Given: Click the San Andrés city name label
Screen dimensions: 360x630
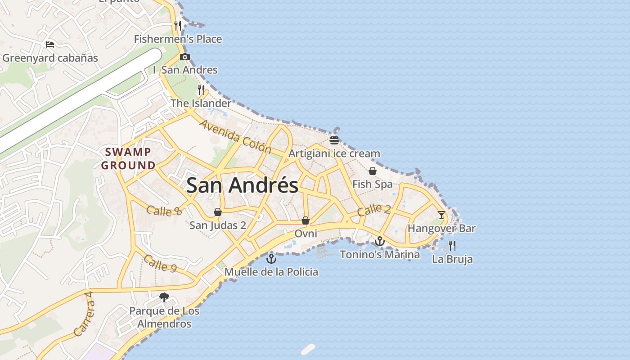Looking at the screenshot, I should coord(242,185).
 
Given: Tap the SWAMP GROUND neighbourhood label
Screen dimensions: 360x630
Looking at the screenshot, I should coord(128,158).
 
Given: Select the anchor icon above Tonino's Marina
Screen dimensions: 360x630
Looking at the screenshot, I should coord(380,242).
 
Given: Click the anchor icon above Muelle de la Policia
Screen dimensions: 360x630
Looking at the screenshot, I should coord(271,259).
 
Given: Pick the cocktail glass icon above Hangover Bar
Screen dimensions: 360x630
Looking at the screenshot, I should coord(441,215).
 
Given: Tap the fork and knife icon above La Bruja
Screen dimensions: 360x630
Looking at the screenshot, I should coord(452,246).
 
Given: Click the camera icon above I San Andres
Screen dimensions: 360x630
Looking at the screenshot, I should coord(184,57).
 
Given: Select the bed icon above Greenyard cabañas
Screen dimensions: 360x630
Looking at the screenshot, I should coord(50,45).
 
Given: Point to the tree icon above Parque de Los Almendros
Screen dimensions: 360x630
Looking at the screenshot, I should coord(164,297).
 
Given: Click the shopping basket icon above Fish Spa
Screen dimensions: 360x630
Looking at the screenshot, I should coord(373,171).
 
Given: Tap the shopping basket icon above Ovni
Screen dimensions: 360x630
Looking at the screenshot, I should coord(306,220).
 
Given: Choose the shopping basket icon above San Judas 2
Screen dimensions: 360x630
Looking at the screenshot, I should coord(218,212).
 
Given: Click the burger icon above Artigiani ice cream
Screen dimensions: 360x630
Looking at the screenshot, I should coord(334,140).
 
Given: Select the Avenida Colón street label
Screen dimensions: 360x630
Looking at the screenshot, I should coord(235,136).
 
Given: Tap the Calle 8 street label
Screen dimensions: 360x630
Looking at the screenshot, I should coord(164,211).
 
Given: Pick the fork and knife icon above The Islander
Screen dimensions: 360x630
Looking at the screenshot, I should coord(201,90).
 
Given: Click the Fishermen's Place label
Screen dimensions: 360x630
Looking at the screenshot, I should coord(178,39).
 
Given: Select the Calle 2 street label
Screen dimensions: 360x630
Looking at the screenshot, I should coord(374,209).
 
